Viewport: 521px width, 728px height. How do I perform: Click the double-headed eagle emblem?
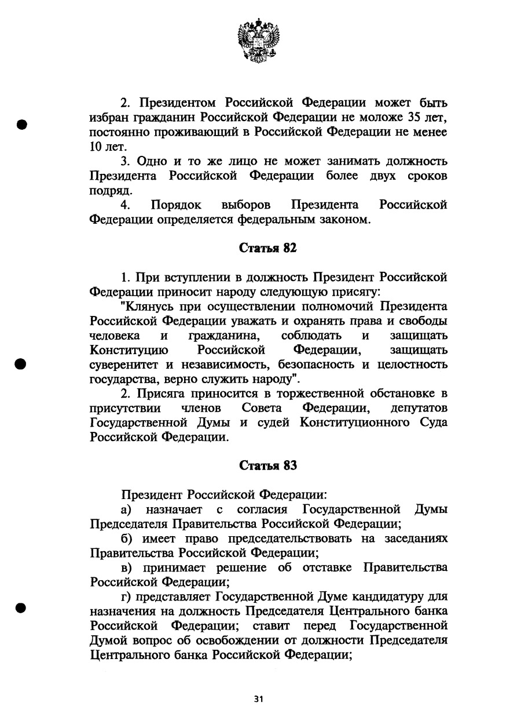point(258,40)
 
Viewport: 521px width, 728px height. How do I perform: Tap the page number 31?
point(259,699)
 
